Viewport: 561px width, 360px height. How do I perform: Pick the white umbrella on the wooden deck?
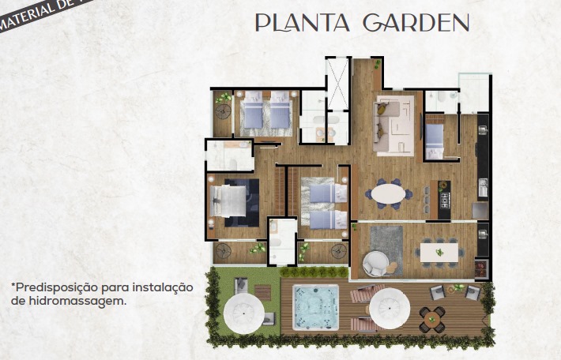(390, 307)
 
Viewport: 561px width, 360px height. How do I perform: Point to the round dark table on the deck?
(431, 319)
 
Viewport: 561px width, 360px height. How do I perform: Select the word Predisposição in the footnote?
(54, 287)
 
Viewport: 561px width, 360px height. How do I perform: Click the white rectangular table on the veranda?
(439, 251)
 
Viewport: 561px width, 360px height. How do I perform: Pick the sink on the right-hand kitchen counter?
(483, 187)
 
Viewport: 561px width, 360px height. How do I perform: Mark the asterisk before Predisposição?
(13, 285)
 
